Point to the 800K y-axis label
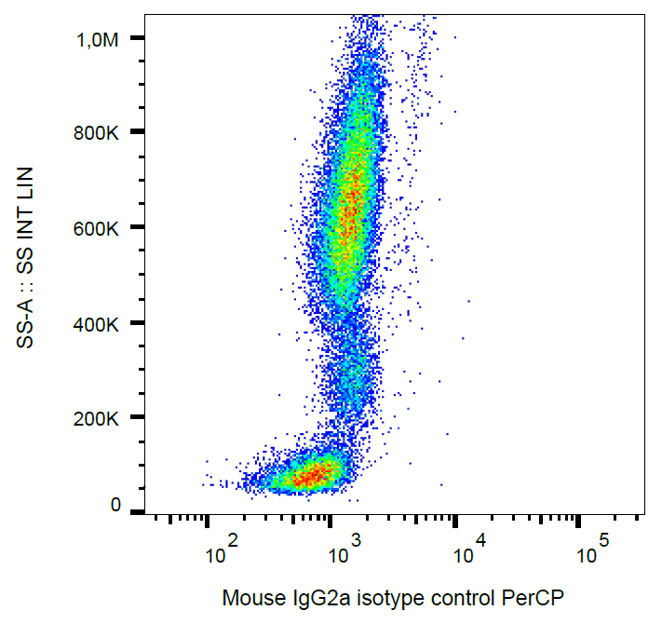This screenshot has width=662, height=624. click(x=98, y=133)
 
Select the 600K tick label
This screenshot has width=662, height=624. click(x=98, y=228)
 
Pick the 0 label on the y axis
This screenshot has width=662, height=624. click(x=115, y=505)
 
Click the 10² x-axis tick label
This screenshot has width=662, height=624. click(x=220, y=552)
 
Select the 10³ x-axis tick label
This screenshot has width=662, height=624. click(x=344, y=552)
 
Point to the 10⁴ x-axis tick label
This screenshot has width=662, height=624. click(x=467, y=552)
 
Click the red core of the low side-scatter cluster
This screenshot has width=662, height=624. click(x=315, y=476)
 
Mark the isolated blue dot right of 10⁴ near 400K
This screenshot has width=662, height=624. click(x=468, y=301)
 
